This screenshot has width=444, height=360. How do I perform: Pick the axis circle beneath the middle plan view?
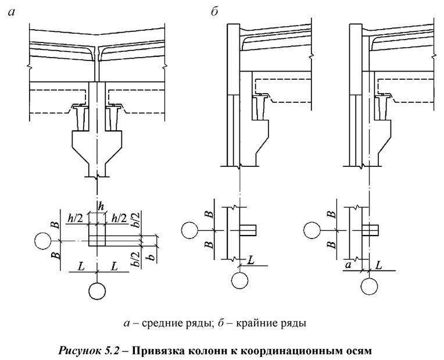click(x=239, y=281)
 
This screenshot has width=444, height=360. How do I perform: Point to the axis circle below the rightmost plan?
click(x=367, y=286)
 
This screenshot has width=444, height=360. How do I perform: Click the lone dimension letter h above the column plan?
click(x=101, y=205)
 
